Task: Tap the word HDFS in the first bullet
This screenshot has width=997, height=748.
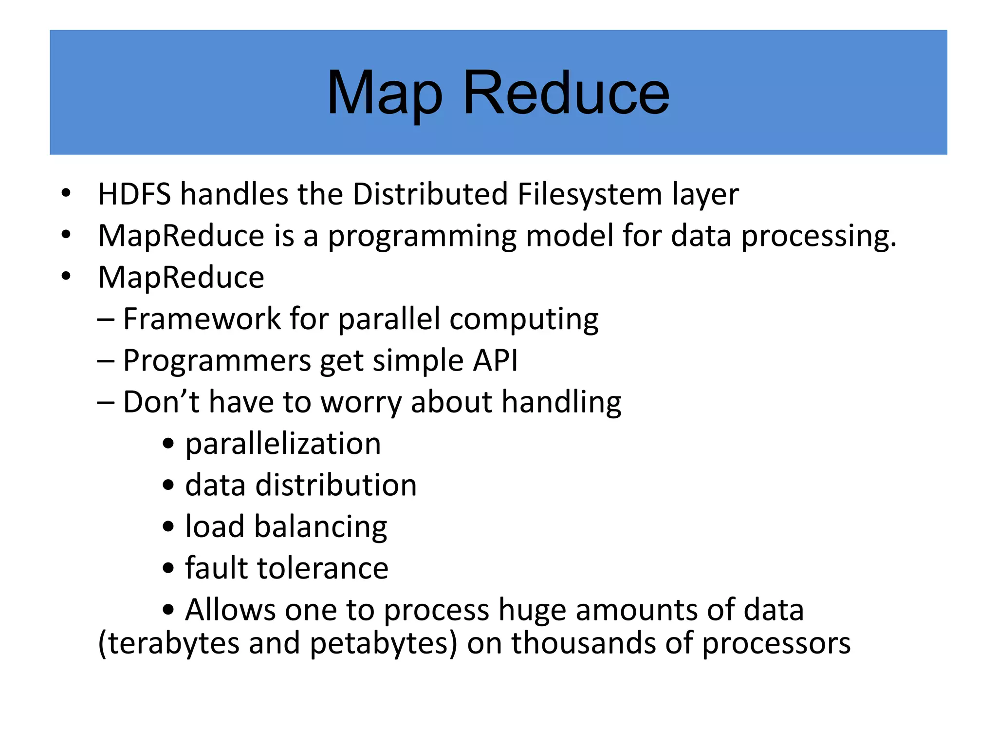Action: [134, 194]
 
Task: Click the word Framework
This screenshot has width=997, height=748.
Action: [202, 319]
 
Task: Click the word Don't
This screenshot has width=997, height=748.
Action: [161, 402]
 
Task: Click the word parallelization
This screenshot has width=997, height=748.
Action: [283, 444]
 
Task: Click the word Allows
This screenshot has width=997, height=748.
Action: [230, 610]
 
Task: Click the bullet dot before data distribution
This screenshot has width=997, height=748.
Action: [168, 486]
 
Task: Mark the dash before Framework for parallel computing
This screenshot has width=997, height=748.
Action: [106, 320]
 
